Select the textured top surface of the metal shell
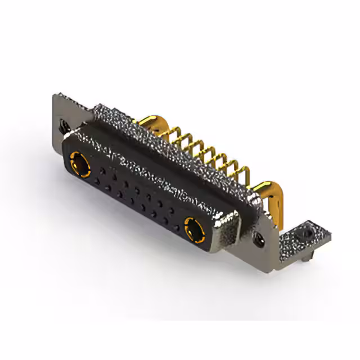[x=169, y=146]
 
